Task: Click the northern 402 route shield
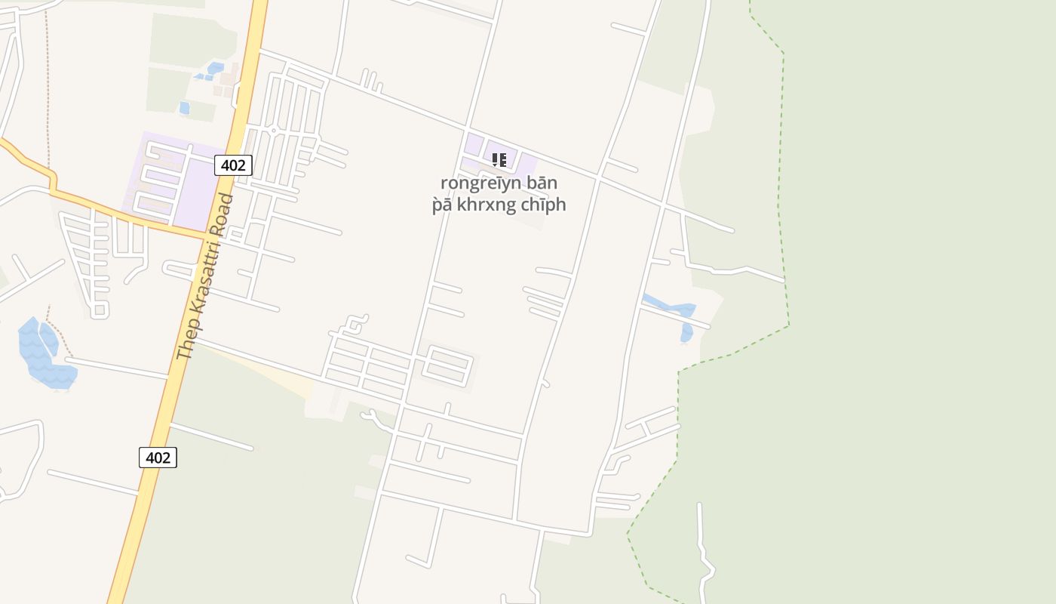pos(233,165)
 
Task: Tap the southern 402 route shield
pos(158,457)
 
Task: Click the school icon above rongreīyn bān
pos(499,159)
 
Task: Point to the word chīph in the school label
pos(544,205)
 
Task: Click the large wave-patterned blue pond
pos(42,355)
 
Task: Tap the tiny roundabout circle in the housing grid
pos(274,131)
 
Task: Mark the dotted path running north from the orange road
pos(48,91)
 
